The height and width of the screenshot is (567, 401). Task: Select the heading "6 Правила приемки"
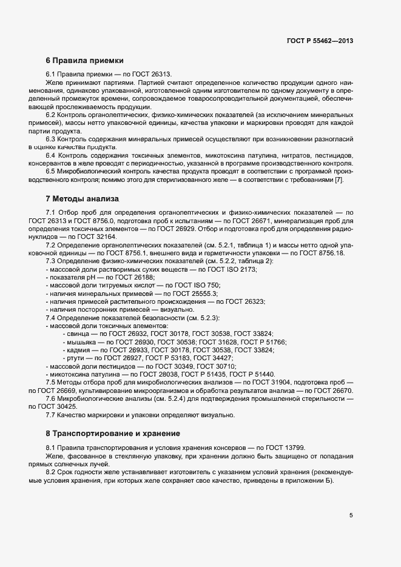tap(85, 61)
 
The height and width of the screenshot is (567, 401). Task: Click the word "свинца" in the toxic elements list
tap(77, 334)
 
